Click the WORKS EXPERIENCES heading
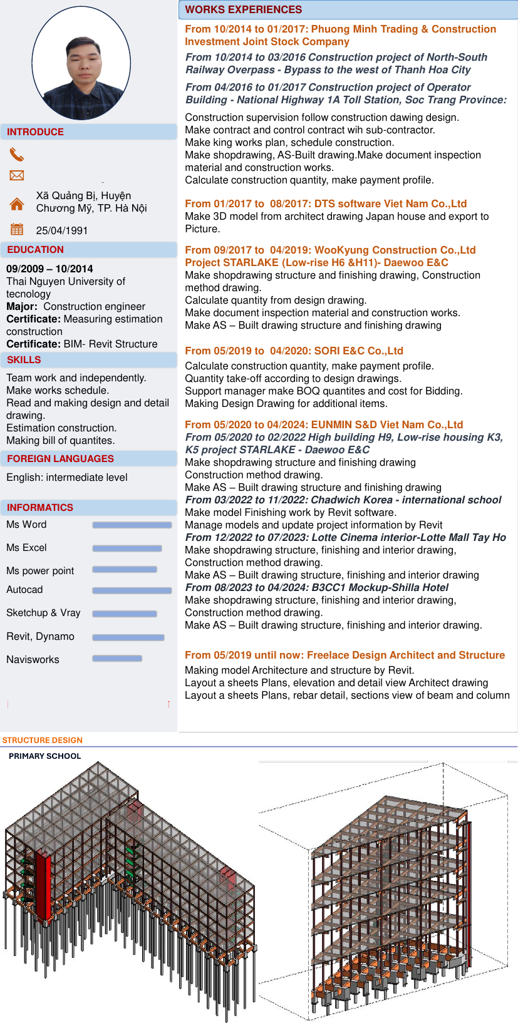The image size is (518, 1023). (x=244, y=9)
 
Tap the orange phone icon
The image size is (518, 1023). (x=17, y=154)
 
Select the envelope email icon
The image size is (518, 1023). (x=17, y=175)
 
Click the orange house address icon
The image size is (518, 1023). (x=17, y=203)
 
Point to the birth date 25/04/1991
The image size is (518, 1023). (x=62, y=230)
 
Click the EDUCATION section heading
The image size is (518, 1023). (x=35, y=250)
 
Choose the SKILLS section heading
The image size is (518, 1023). (x=24, y=360)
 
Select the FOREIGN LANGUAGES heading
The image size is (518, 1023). (x=60, y=459)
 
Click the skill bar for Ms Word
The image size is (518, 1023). (x=132, y=525)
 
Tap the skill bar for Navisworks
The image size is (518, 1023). (x=117, y=659)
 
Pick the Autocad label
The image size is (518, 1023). (x=24, y=590)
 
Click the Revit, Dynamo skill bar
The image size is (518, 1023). (x=128, y=637)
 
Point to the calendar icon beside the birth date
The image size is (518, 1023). (x=17, y=229)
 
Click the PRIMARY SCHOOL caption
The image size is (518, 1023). (x=44, y=756)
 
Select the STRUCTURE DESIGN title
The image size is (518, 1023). (x=42, y=740)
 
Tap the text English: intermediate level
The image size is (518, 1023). (x=67, y=478)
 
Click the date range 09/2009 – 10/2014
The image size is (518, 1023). (x=49, y=269)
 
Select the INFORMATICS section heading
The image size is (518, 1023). (x=40, y=508)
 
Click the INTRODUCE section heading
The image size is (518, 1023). (x=35, y=132)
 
